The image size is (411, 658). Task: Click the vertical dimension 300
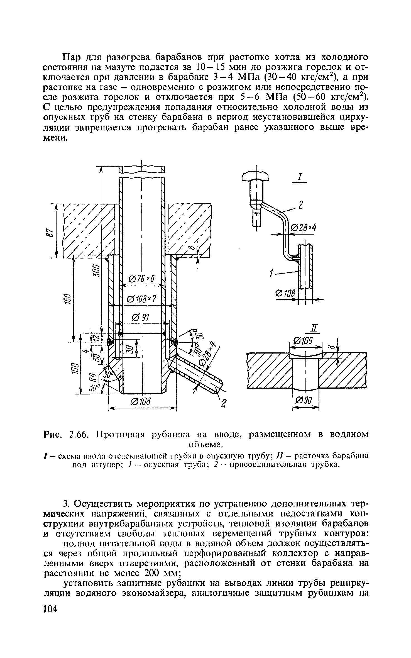(96, 270)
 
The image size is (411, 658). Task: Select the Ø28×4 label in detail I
(304, 228)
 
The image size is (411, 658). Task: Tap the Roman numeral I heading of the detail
(300, 177)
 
